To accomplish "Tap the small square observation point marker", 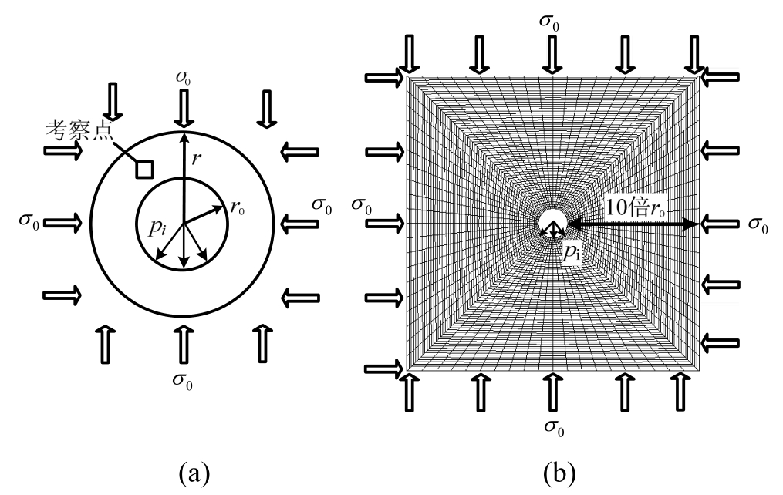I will [144, 169].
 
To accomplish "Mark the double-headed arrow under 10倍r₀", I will [634, 224].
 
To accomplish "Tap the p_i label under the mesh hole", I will [572, 252].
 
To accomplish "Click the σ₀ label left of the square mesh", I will [361, 205].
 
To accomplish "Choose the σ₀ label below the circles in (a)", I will [183, 379].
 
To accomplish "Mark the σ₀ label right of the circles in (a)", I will [322, 206].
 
